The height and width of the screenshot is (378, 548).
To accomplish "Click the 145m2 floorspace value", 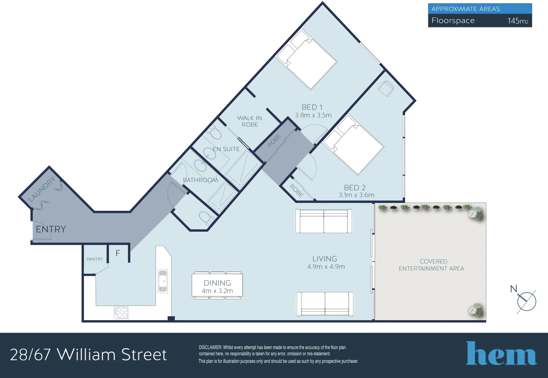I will click(518, 21).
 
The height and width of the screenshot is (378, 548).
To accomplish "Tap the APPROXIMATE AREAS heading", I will click(465, 9).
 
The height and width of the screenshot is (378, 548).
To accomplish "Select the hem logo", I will click(501, 353).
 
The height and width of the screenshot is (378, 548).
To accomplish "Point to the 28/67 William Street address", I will click(88, 355).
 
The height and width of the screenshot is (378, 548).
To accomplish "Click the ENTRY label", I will click(51, 229).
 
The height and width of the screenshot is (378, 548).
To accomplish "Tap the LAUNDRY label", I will click(42, 189).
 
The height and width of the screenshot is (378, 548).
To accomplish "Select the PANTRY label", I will click(94, 259).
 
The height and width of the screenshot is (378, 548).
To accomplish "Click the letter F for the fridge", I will click(118, 253).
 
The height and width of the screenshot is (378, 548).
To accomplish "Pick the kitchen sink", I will click(163, 281).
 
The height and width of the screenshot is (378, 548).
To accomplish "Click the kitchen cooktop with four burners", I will click(121, 312).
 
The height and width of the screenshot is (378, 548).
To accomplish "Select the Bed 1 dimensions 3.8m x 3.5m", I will click(313, 115).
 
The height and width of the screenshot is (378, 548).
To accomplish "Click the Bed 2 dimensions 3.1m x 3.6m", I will click(356, 195).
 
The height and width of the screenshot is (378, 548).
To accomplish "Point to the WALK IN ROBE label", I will click(250, 121).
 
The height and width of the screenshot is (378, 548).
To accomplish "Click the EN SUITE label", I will click(226, 149).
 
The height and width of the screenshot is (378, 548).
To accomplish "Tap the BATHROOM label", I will click(201, 180).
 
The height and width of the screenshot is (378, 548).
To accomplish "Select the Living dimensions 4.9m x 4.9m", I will click(326, 267).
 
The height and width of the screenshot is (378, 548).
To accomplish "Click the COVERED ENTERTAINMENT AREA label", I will click(431, 265).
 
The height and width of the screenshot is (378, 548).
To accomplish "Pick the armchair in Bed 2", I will click(386, 88).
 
